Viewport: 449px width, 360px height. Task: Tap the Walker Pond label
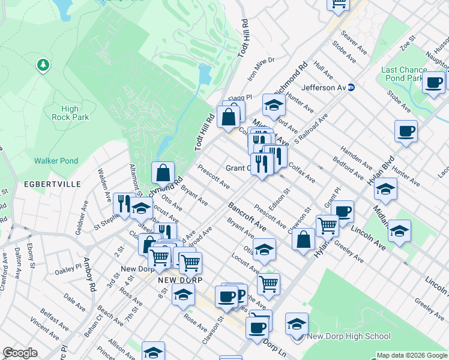[56, 161]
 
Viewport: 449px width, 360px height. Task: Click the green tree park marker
[43, 64]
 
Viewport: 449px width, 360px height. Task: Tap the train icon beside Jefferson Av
[352, 88]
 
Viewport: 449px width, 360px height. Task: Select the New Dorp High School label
[349, 337]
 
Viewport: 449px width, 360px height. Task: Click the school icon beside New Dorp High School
[297, 324]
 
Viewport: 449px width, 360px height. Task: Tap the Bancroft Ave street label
[247, 217]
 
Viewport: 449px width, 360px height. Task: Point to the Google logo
[20, 353]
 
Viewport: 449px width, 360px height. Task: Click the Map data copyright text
[412, 355]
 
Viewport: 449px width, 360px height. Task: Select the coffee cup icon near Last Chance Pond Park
[433, 83]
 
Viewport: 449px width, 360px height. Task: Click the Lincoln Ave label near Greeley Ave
[369, 232]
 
